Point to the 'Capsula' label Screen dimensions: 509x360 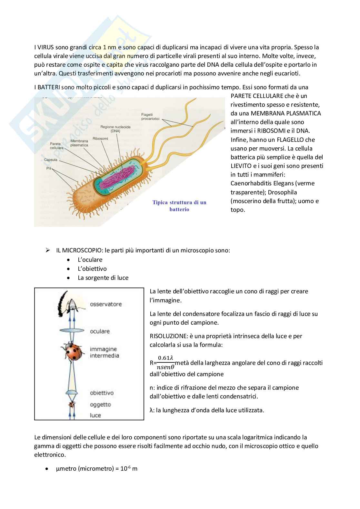pos(50,160)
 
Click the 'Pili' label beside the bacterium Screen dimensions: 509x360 pos(49,168)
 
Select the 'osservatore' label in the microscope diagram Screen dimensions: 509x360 pos(105,304)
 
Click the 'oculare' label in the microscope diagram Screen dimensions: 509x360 pos(100,331)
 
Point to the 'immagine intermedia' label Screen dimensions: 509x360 pos(104,352)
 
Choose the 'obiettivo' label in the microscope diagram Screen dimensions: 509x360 pos(102,393)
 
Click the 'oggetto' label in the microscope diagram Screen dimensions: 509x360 pos(100,404)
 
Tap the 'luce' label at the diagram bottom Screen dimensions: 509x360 pos(95,415)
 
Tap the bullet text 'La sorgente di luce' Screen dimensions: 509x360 pos(103,278)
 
